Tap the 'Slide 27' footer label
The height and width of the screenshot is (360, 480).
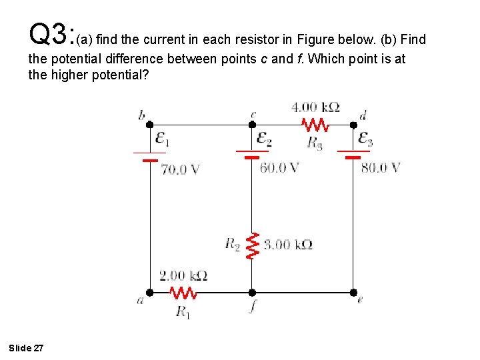[x=27, y=348]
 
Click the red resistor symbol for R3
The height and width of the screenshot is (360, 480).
[x=315, y=124]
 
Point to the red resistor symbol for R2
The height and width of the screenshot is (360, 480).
[x=252, y=245]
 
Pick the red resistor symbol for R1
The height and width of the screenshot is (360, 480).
[x=183, y=292]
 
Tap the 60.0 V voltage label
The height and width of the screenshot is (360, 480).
[x=279, y=167]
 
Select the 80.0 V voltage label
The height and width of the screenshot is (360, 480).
[x=381, y=167]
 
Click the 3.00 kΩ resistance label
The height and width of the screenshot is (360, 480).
[x=288, y=245]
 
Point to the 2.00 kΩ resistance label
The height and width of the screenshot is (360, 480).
[x=183, y=275]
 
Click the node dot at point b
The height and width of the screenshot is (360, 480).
[x=149, y=124]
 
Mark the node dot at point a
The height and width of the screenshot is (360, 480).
[x=149, y=292]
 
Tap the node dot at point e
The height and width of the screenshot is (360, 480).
[x=353, y=292]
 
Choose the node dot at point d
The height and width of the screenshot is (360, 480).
[x=353, y=124]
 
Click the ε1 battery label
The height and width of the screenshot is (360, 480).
[x=162, y=139]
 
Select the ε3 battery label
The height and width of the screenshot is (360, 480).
[x=365, y=139]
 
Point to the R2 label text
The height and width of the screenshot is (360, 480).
[x=232, y=245]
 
